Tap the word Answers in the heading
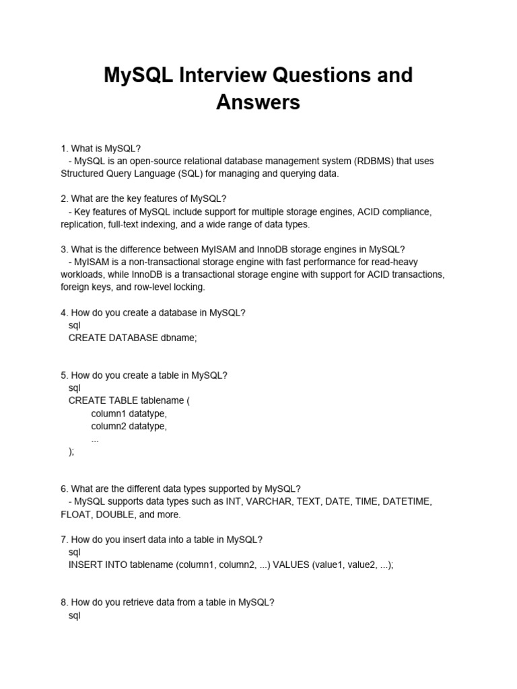(258, 103)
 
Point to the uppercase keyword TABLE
(122, 400)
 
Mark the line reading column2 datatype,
(129, 426)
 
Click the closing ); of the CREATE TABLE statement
(71, 451)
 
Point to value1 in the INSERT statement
(331, 565)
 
